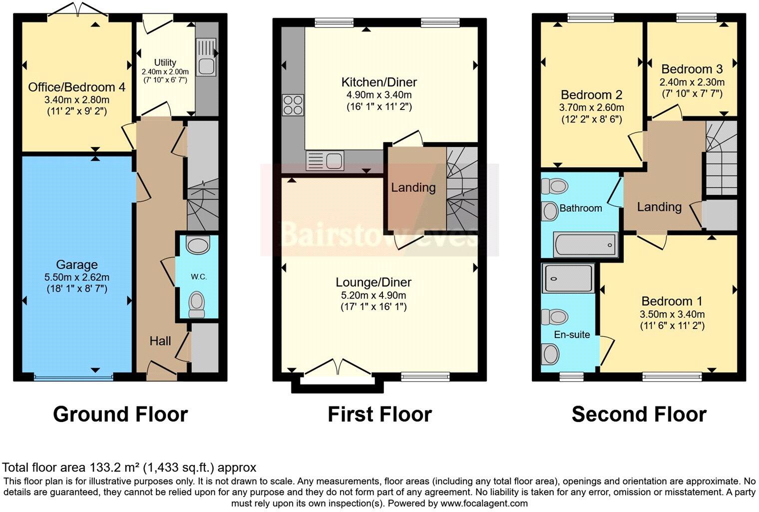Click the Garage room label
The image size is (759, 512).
click(x=76, y=264)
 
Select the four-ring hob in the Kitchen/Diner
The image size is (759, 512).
click(x=293, y=105)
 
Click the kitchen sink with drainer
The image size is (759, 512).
click(x=325, y=160)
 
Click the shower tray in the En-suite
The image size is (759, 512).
click(x=568, y=278)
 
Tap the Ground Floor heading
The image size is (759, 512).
click(x=120, y=414)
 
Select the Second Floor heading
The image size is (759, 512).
click(x=639, y=414)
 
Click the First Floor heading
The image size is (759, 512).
click(x=379, y=414)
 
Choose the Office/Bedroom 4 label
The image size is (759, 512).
click(x=76, y=87)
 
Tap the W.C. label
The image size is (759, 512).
click(x=198, y=276)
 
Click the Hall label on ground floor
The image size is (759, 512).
click(x=160, y=341)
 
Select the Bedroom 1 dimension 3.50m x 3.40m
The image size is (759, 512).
click(x=672, y=314)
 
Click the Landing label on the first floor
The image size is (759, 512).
click(x=413, y=187)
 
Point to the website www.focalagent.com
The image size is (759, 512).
click(x=484, y=503)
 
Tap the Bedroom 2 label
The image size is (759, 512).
click(x=591, y=94)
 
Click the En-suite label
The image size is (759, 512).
click(x=572, y=334)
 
